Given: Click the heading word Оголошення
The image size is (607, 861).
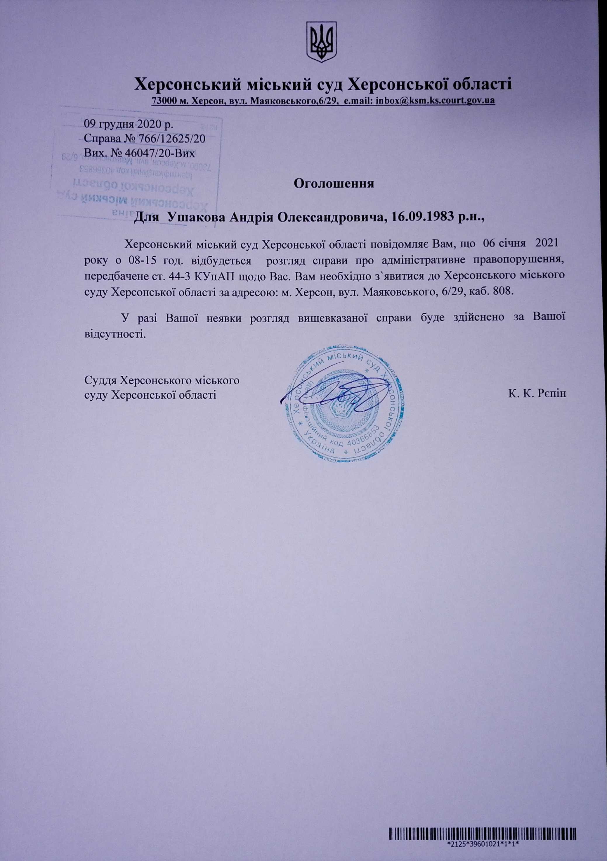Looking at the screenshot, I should [x=334, y=184].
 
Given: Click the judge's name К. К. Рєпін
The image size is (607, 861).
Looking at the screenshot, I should [x=537, y=394].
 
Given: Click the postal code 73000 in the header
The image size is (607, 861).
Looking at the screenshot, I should [x=164, y=101].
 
